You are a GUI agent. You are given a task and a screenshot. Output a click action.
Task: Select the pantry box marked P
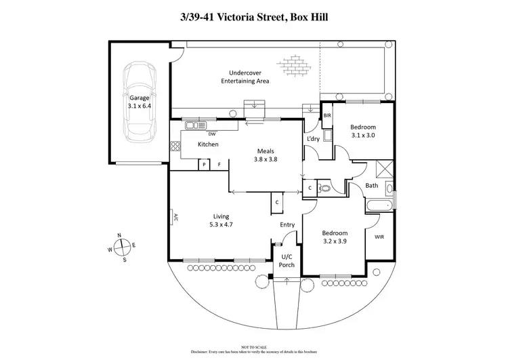(203, 165)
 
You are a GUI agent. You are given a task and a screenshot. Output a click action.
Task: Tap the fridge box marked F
(219, 165)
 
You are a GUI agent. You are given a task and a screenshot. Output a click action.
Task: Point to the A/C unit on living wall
(173, 218)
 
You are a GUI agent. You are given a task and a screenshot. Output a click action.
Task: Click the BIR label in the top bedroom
(327, 116)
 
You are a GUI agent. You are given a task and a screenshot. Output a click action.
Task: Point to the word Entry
(288, 225)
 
